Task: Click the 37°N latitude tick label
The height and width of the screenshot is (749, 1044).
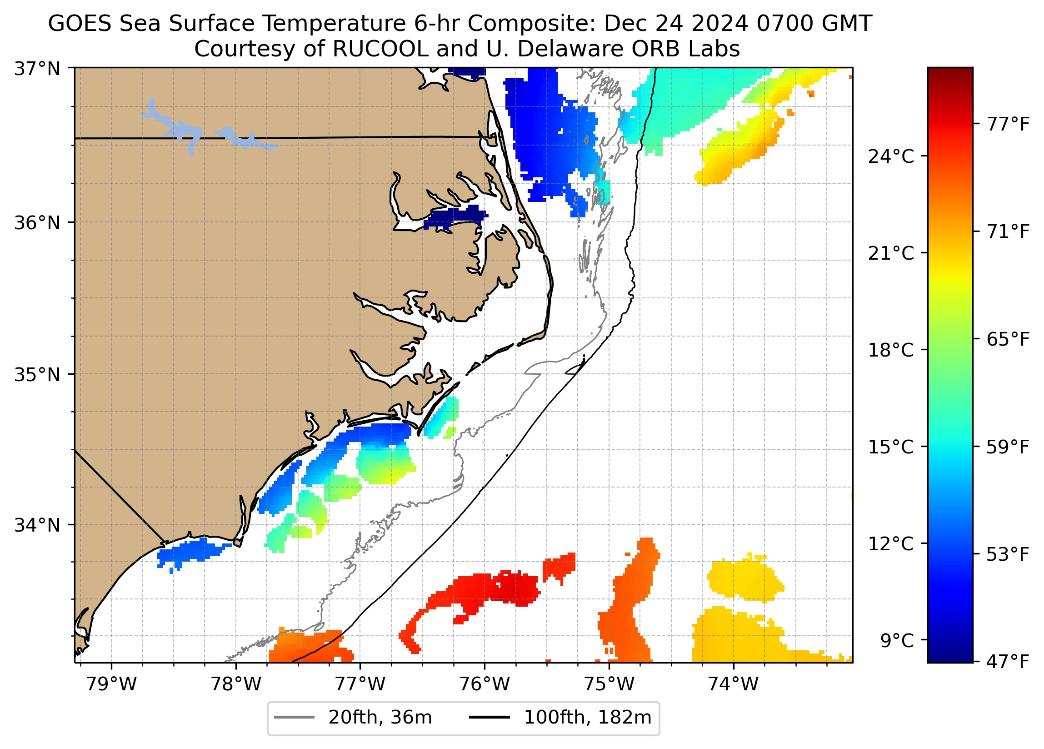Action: pyautogui.click(x=37, y=69)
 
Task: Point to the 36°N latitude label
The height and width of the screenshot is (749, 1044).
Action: pyautogui.click(x=37, y=223)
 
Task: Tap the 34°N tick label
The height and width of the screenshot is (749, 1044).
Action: pyautogui.click(x=37, y=525)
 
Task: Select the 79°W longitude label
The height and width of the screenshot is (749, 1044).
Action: pyautogui.click(x=111, y=684)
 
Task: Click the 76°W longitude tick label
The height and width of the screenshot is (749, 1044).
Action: pyautogui.click(x=485, y=684)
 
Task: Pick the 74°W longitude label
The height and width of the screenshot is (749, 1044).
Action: pyautogui.click(x=733, y=684)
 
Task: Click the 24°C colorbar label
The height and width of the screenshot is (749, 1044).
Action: pyautogui.click(x=891, y=156)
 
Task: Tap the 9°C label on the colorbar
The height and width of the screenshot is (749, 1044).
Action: pyautogui.click(x=897, y=641)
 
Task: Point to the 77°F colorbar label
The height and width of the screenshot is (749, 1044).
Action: pyautogui.click(x=1008, y=124)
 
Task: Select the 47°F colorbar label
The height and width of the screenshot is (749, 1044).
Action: pyautogui.click(x=1008, y=662)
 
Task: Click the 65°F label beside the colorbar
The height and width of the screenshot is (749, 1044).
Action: pyautogui.click(x=1008, y=340)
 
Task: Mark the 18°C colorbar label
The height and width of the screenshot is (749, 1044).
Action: pyautogui.click(x=891, y=350)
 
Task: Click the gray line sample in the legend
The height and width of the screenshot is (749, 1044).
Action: pyautogui.click(x=295, y=718)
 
